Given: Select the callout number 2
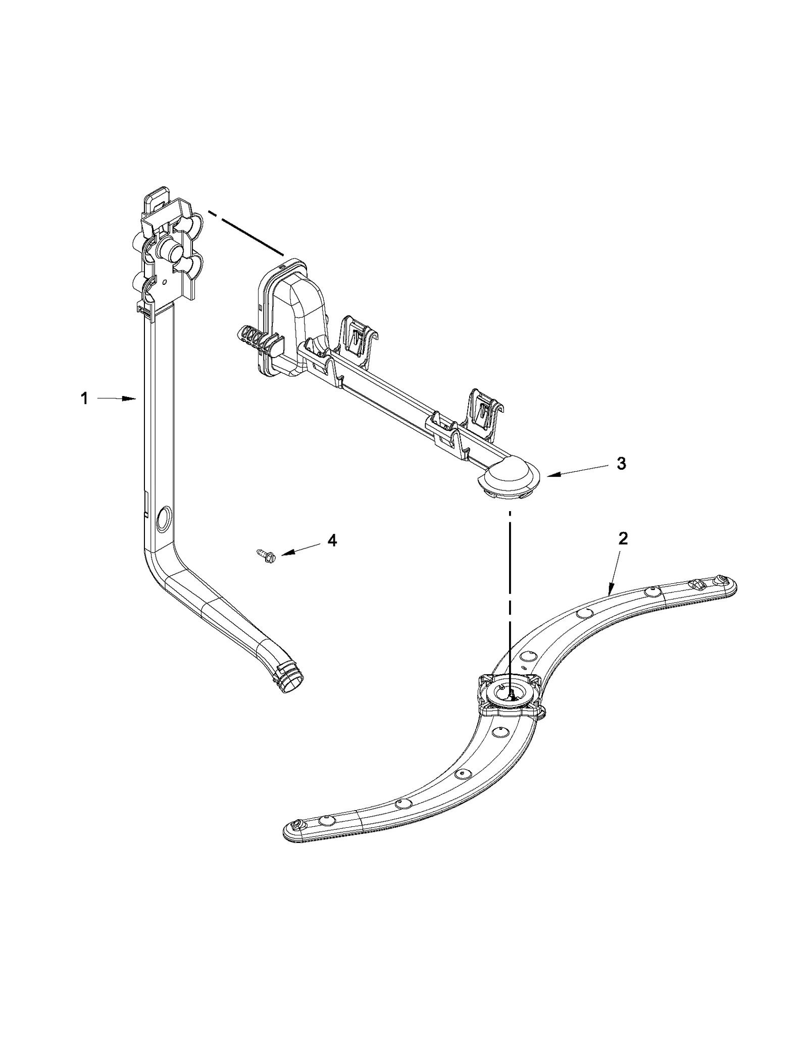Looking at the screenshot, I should click(623, 539).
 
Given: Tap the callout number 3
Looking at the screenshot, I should click(622, 463).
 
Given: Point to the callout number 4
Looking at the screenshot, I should click(331, 540).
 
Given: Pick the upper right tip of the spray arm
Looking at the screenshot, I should click(725, 586).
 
